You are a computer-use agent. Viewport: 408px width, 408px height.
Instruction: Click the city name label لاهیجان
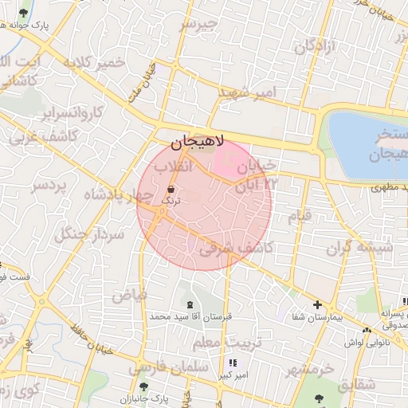pos(198,142)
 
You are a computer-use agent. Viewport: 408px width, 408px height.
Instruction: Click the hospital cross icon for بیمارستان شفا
pos(317,304)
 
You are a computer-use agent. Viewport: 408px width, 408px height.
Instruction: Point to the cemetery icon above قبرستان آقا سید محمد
pos(189,304)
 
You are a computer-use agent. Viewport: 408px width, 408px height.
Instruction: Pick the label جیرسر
pos(198,24)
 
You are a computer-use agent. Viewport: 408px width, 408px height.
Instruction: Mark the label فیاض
pos(129,295)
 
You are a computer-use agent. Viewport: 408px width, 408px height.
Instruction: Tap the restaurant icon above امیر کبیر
pos(232,363)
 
